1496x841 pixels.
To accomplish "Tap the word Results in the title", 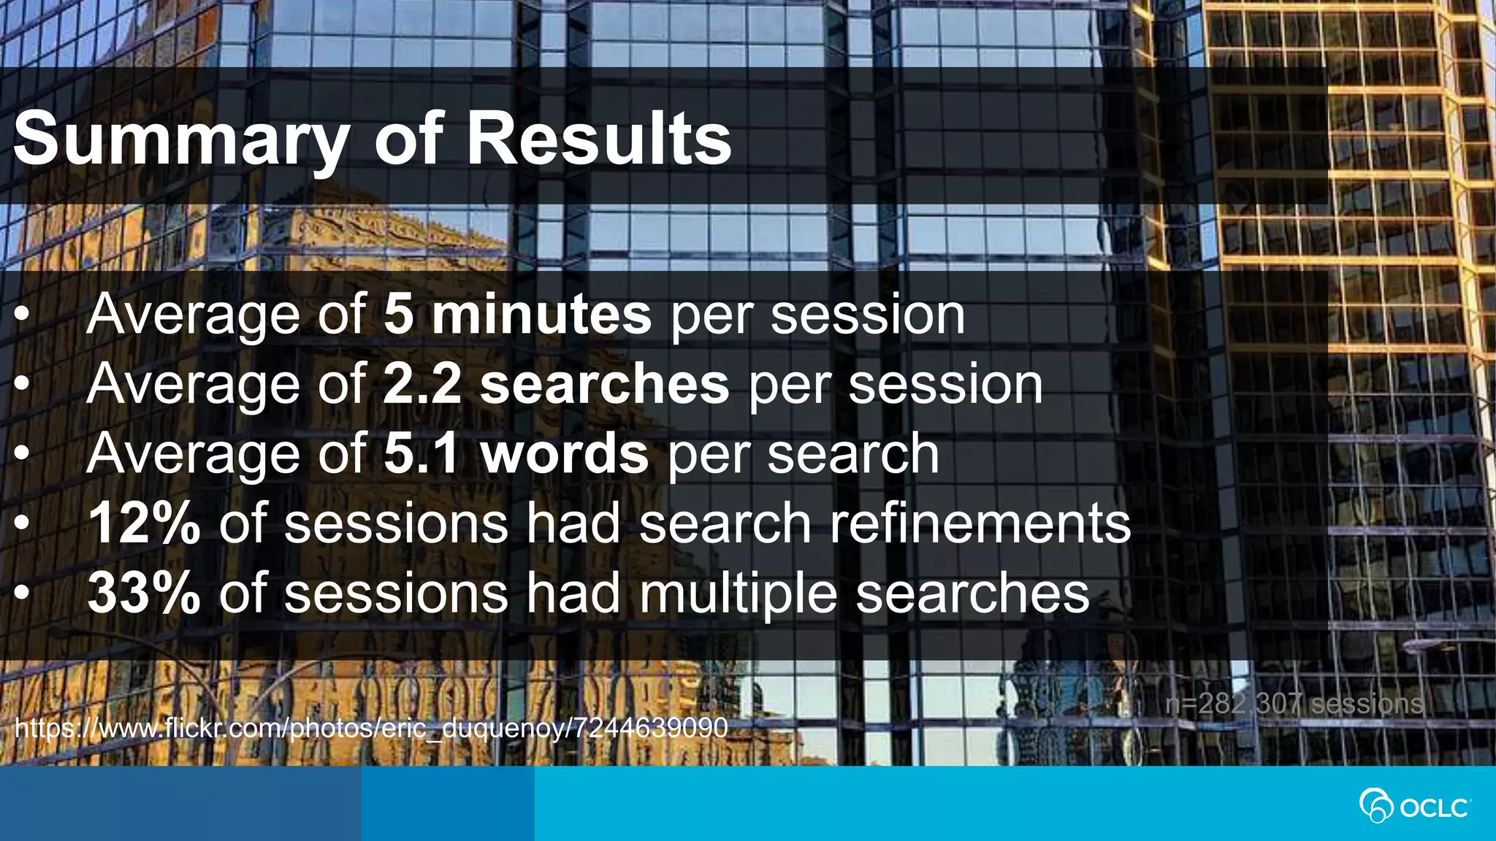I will [598, 139].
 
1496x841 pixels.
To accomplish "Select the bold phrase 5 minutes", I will [517, 315].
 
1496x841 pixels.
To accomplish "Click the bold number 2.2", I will [422, 385].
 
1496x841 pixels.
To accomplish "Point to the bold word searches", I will [604, 385].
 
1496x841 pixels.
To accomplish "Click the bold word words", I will [564, 454].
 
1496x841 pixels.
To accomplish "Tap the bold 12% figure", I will [144, 523].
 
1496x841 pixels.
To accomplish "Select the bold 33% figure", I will [144, 593].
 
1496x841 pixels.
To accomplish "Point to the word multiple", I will [738, 593].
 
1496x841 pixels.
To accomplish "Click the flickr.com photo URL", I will [371, 728].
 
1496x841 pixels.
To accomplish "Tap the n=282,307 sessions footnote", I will [1294, 704].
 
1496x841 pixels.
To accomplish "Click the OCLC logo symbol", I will [1375, 806].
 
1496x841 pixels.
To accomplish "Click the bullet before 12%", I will [23, 523].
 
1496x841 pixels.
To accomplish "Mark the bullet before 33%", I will [23, 593].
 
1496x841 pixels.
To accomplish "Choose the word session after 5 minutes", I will [868, 315].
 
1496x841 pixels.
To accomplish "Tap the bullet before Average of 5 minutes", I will [23, 315].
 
